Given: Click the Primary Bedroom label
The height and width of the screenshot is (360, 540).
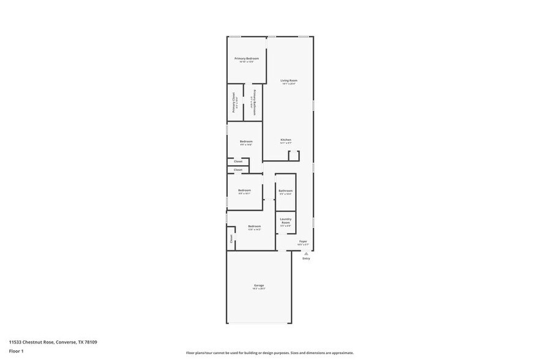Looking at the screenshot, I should point(246,59).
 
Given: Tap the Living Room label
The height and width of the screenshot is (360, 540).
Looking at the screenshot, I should point(289,81).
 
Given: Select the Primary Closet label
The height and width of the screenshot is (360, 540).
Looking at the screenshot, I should point(233,102).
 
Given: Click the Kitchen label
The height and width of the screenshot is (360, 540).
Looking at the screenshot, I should point(286,140).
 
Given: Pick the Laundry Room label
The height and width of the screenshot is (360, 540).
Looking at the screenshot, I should point(285,220).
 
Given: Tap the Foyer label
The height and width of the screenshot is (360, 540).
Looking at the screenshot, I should point(302,241).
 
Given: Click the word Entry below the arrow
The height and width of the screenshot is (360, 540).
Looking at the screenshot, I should point(306,258).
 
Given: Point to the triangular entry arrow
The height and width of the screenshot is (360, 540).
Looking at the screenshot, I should point(306,252).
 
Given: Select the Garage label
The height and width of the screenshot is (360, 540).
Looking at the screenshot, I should point(259,285).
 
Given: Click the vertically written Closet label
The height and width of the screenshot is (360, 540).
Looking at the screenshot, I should point(231,238).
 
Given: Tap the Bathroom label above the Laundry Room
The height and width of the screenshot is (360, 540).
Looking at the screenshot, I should point(285,190).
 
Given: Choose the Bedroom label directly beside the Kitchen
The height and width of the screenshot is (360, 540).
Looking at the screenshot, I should point(246,141).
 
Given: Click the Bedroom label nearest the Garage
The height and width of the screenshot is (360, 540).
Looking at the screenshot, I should point(254,227).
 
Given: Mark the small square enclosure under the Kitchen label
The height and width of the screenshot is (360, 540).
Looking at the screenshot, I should point(293,156).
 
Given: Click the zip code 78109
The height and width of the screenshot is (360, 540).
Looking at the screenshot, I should point(91,342).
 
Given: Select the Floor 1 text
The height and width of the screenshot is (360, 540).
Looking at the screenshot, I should point(16,351).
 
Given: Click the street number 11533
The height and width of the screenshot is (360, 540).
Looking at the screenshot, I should point(16,342).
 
